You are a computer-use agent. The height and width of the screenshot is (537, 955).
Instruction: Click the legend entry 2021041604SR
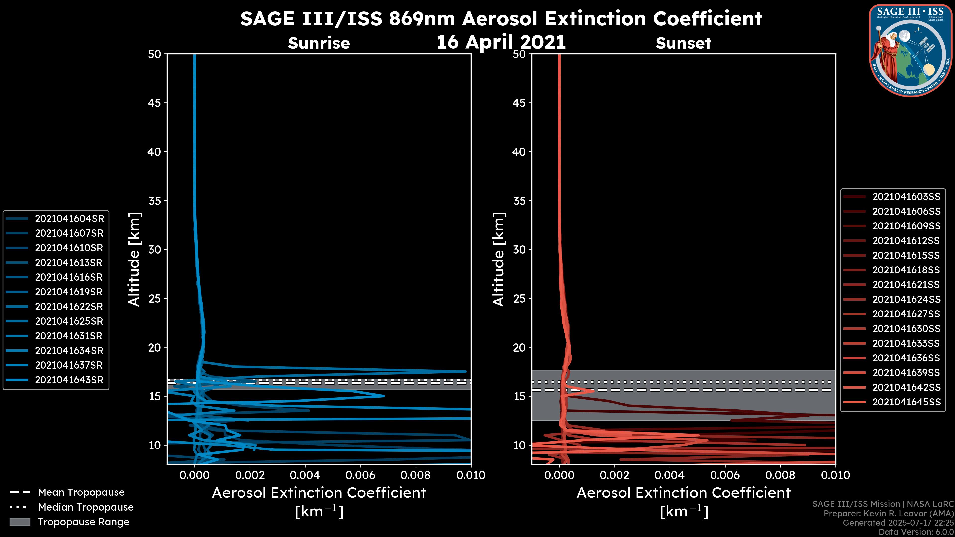point(69,219)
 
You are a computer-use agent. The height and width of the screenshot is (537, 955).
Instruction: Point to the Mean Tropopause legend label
point(81,492)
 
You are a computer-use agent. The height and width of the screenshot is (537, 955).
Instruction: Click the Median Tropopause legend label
point(86,507)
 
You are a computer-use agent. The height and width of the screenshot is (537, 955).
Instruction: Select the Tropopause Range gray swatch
point(20,522)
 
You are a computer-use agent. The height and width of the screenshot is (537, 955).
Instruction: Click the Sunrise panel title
point(319,43)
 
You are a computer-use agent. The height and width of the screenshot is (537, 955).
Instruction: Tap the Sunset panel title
point(683,43)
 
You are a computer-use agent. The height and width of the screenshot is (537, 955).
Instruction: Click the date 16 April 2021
point(501,42)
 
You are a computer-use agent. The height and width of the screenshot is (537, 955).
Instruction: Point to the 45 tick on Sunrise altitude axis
point(155,103)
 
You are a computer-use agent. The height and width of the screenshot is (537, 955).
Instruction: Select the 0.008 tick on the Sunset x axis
point(780,475)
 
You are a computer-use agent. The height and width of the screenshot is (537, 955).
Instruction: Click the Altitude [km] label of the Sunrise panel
point(134,259)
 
